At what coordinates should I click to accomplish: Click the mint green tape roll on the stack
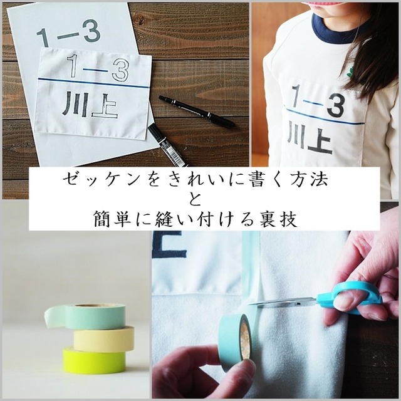94,313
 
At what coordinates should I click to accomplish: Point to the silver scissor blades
282,301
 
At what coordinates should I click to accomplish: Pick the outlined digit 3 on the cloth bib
120,70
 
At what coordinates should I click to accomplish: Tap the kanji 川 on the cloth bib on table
74,104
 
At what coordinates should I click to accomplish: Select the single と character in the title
200,200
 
